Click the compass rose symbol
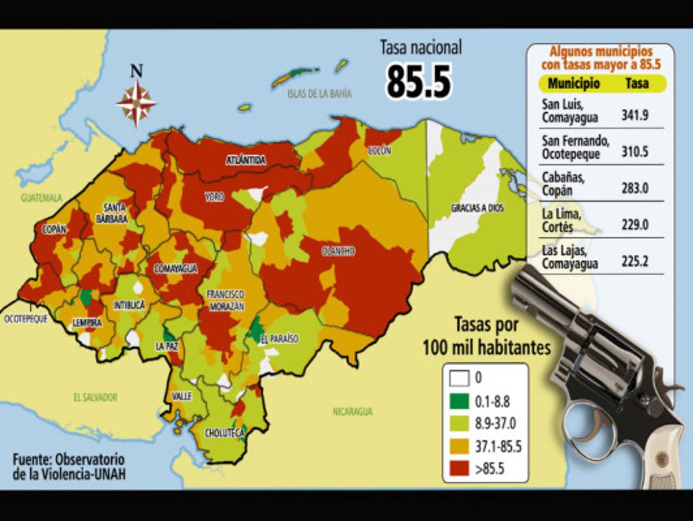[x=137, y=104]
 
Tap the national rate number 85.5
[x=418, y=80]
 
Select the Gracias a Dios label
[x=477, y=208]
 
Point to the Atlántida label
[x=245, y=160]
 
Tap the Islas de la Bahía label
[x=319, y=93]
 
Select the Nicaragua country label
[x=353, y=412]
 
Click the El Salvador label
[x=96, y=397]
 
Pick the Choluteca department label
[x=225, y=432]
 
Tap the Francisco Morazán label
[x=225, y=300]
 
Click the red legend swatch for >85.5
[x=459, y=468]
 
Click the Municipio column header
[x=574, y=83]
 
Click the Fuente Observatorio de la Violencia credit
[x=68, y=467]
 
